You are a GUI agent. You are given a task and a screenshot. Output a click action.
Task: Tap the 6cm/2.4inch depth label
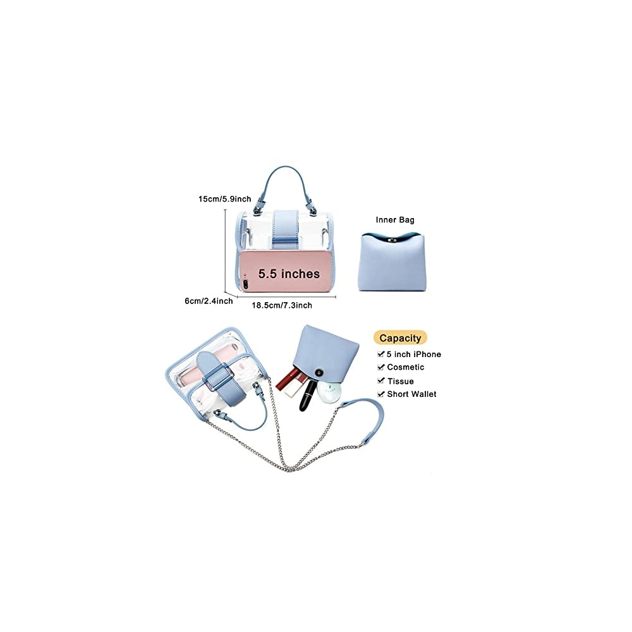209,301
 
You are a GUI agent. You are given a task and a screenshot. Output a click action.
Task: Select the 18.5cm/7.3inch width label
282,305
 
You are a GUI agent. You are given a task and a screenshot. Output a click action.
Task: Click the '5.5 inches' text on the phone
289,274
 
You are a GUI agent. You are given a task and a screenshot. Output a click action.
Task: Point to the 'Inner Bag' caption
395,220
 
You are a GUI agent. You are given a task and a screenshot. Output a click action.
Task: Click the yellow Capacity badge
400,338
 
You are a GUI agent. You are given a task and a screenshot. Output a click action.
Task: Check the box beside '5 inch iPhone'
381,355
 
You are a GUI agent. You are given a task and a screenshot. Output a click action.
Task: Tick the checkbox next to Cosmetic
381,367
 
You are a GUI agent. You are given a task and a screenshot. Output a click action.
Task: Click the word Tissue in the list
401,381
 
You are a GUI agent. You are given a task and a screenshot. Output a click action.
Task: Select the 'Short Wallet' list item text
411,394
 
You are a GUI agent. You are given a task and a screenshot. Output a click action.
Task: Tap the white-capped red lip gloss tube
292,386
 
